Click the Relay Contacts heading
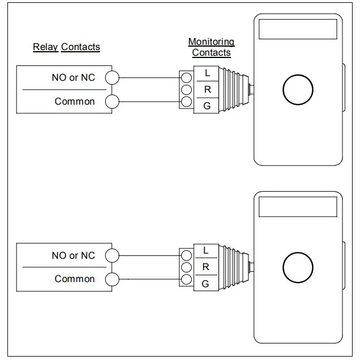coord(67,47)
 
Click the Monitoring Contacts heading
coord(211,47)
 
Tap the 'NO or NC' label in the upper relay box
coord(73,77)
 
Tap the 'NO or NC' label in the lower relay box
coord(73,255)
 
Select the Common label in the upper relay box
coord(75,101)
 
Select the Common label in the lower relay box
coord(75,279)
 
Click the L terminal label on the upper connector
coord(207,73)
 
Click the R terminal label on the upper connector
coord(207,90)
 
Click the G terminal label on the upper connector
coord(207,106)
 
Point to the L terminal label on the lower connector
coord(205,250)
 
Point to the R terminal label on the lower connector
coord(205,267)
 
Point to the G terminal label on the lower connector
coord(205,283)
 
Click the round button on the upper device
coord(298,90)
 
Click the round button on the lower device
coord(298,268)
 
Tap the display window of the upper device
coord(297,28)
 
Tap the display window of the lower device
coord(297,206)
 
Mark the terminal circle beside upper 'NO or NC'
coord(113,78)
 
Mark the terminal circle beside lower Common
coord(113,279)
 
